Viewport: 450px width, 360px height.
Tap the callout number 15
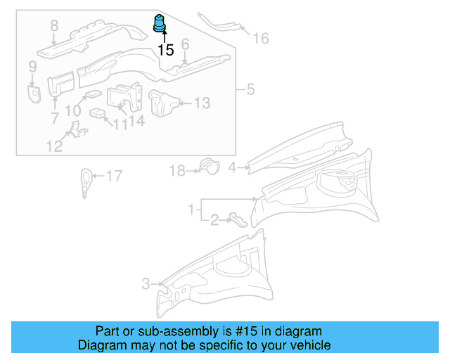coord(165,50)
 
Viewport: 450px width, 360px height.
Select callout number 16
coord(261,38)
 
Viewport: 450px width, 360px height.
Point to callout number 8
coord(54,27)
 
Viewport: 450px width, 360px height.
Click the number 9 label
coord(32,67)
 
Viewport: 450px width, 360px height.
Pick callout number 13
coord(202,103)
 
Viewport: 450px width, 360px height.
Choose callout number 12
coord(53,146)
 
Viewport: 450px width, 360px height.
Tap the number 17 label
coord(114,176)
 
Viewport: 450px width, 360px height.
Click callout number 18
coord(176,169)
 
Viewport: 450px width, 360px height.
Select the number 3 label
coord(146,284)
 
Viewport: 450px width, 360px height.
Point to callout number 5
coord(249,90)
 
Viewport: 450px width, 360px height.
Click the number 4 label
coord(232,167)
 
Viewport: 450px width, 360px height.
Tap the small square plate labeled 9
coord(33,93)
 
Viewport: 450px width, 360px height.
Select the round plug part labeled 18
coord(207,166)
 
